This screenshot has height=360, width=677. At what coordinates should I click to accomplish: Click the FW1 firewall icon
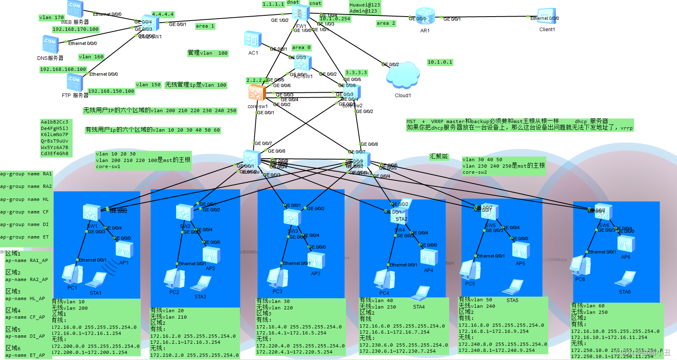click(301, 13)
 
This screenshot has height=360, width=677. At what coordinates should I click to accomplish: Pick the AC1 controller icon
click(253, 40)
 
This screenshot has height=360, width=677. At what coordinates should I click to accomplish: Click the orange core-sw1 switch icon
click(257, 93)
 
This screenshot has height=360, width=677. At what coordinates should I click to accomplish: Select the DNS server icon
click(51, 44)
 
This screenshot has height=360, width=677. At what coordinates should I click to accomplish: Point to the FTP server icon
click(74, 83)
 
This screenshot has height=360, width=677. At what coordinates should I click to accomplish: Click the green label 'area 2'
click(386, 23)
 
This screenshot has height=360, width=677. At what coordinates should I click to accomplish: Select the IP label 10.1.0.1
click(440, 62)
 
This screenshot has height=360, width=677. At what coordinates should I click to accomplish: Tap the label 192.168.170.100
click(76, 29)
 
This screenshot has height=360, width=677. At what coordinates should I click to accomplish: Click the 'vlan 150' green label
click(148, 85)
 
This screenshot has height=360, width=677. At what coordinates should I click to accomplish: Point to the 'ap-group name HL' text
click(24, 199)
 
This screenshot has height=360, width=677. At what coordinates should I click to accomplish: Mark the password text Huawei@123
click(365, 5)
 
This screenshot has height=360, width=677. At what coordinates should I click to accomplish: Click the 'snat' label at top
click(315, 3)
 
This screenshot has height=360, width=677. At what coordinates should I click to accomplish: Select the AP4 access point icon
click(429, 257)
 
